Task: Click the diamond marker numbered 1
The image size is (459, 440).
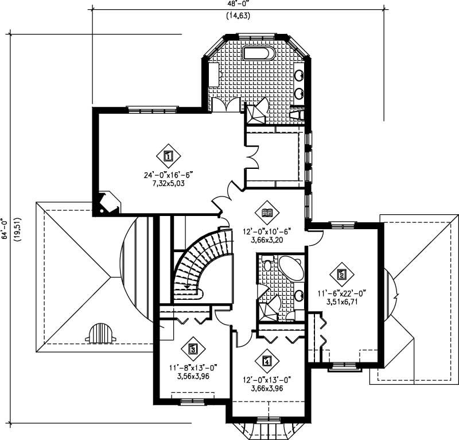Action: coord(168,155)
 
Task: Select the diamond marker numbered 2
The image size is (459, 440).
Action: coord(342,275)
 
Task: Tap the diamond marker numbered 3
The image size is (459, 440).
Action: coord(193,348)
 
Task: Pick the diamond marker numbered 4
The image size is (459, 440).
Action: coord(266,361)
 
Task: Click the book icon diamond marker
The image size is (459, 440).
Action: coord(267,213)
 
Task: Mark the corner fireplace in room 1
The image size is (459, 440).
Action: coord(107,203)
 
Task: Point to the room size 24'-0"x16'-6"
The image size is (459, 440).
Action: coord(168,175)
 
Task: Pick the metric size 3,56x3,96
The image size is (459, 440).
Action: coord(193,376)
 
